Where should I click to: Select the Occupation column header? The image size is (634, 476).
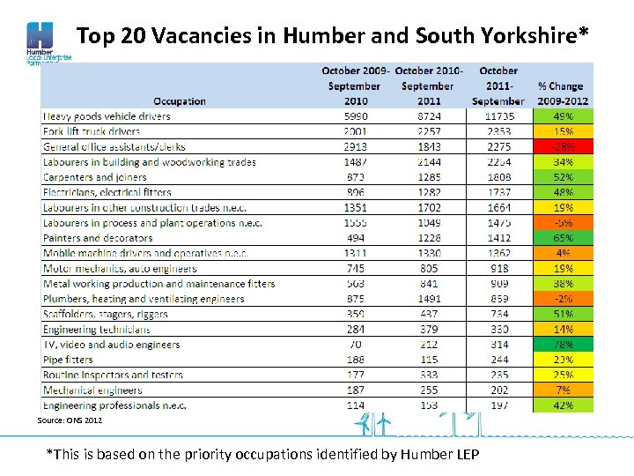[179, 100]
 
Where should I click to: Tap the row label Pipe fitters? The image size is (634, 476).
[68, 360]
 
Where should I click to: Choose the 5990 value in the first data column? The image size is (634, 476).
[355, 116]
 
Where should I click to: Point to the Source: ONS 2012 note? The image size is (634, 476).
[70, 420]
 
